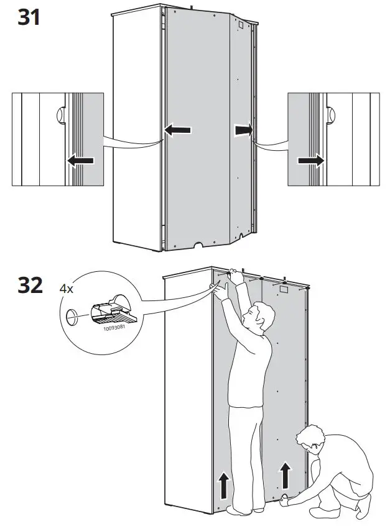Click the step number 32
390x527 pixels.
coord(29,286)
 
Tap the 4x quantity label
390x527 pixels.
coord(67,289)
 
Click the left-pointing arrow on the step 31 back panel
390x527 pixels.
coord(178,130)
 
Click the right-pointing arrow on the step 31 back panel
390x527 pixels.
coord(243,130)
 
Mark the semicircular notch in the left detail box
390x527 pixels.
coord(60,115)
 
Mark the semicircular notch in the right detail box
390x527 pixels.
coord(330,115)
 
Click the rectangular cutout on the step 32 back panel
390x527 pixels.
coord(283,288)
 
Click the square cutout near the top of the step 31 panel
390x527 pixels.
coord(239,27)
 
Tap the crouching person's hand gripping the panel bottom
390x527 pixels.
coord(285,498)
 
